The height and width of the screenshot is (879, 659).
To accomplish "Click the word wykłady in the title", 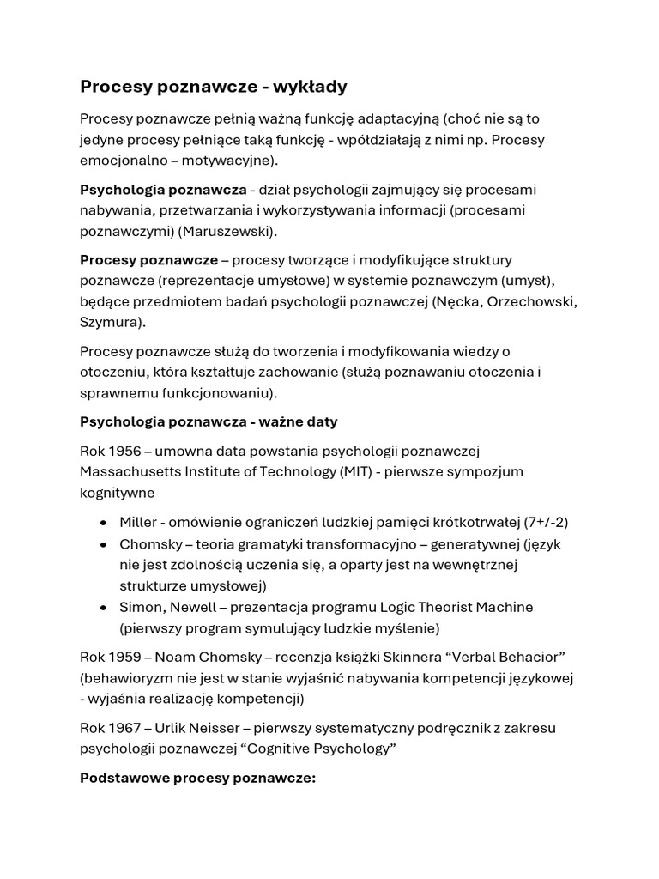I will point(305,87).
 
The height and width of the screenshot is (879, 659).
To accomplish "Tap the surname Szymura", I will point(112,322).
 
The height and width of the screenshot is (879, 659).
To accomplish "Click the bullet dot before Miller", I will point(104,523).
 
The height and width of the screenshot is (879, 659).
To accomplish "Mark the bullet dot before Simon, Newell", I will point(104,608).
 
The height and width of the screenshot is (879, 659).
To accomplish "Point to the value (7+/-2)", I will point(546,522).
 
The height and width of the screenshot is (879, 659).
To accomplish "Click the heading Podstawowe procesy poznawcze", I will point(198,779).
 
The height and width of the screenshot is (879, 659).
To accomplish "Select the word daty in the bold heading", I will point(321,421).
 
